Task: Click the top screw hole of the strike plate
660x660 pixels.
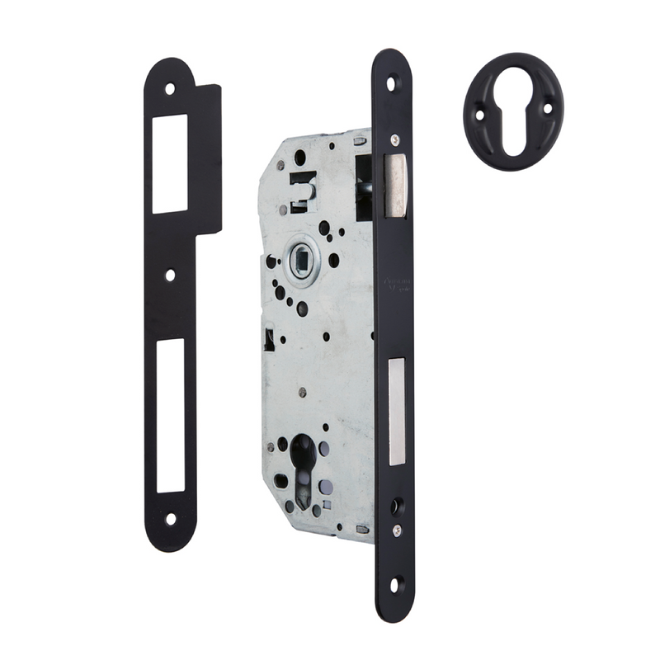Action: (x=170, y=88)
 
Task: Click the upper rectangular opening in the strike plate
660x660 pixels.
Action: (x=170, y=163)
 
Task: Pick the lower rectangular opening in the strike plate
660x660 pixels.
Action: (x=171, y=416)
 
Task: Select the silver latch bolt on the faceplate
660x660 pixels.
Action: (x=396, y=186)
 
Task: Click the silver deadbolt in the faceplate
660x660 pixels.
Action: (x=397, y=409)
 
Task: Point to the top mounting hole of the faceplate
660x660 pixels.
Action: (x=393, y=82)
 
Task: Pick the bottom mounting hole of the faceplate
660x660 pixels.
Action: (x=394, y=585)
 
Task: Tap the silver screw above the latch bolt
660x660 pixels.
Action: (x=395, y=139)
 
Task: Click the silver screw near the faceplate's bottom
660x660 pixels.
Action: (x=395, y=529)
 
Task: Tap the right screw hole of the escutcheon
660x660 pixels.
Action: (x=547, y=108)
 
